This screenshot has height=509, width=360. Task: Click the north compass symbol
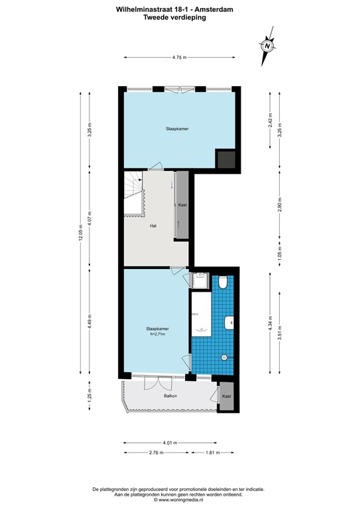[x=267, y=45]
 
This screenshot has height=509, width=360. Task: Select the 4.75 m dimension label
[x=179, y=58]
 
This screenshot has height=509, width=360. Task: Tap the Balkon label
[x=170, y=396]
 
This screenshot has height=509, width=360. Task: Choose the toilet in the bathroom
[x=223, y=284]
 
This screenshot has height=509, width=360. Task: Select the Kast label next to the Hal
[x=182, y=205]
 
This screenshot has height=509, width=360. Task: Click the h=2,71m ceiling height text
[x=158, y=334]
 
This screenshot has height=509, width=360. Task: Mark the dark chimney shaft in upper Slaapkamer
[x=226, y=158]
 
